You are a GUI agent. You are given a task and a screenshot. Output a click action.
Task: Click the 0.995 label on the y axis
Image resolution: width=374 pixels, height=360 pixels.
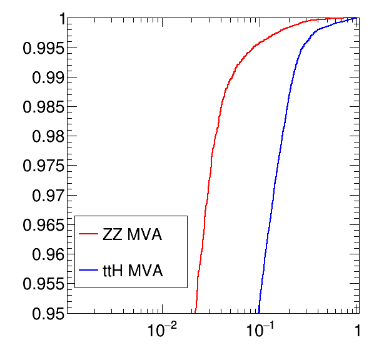point(44,48)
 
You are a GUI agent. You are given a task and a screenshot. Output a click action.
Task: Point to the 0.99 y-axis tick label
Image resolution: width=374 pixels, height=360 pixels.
point(48,77)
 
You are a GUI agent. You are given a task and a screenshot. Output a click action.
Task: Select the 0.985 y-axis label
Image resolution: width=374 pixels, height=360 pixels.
point(44,107)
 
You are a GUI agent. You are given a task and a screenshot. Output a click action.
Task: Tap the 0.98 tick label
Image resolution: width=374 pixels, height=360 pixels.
point(48,137)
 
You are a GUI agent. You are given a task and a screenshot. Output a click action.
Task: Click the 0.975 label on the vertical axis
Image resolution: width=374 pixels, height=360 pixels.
point(44,166)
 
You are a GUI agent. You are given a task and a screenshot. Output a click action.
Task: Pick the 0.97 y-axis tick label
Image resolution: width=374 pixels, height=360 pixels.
point(48,196)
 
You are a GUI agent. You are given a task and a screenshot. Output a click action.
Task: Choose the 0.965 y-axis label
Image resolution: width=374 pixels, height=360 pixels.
point(44,225)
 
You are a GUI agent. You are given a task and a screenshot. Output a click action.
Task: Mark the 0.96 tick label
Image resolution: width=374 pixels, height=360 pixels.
point(48,254)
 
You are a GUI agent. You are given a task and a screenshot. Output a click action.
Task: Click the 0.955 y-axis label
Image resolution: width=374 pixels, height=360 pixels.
point(44,284)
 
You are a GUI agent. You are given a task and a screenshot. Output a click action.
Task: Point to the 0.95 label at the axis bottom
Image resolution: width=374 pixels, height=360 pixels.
point(48,313)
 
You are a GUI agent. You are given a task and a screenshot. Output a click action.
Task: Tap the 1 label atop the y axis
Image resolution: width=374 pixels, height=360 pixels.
point(63,19)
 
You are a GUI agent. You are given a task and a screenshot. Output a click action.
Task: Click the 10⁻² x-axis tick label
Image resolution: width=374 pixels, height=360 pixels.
point(162,330)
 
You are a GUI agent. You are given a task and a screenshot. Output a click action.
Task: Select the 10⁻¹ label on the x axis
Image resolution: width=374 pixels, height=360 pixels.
point(260,330)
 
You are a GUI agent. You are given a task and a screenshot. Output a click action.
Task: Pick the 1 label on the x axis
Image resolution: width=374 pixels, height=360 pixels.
point(357,331)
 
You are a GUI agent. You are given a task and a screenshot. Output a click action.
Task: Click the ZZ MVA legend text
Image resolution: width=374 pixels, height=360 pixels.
point(133,234)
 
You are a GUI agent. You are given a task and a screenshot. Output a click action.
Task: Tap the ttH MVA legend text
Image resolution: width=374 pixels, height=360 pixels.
point(133,271)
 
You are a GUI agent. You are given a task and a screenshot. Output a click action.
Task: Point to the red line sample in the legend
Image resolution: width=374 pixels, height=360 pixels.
point(88,234)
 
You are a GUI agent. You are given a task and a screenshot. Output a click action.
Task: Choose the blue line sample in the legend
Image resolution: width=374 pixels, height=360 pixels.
point(88,270)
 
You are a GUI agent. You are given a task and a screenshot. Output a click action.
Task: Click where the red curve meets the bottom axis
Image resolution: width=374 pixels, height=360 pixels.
point(195,313)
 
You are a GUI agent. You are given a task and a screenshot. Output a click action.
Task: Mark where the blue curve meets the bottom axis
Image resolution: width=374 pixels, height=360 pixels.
point(259,313)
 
